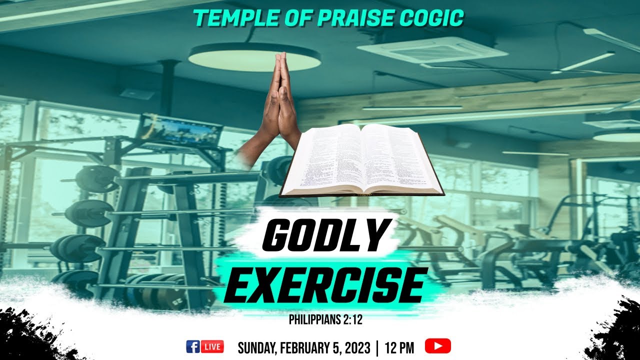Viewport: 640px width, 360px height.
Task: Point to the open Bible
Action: point(361,160)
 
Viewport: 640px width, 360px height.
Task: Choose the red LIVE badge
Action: point(212,346)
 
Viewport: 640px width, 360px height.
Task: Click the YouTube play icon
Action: point(437,346)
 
